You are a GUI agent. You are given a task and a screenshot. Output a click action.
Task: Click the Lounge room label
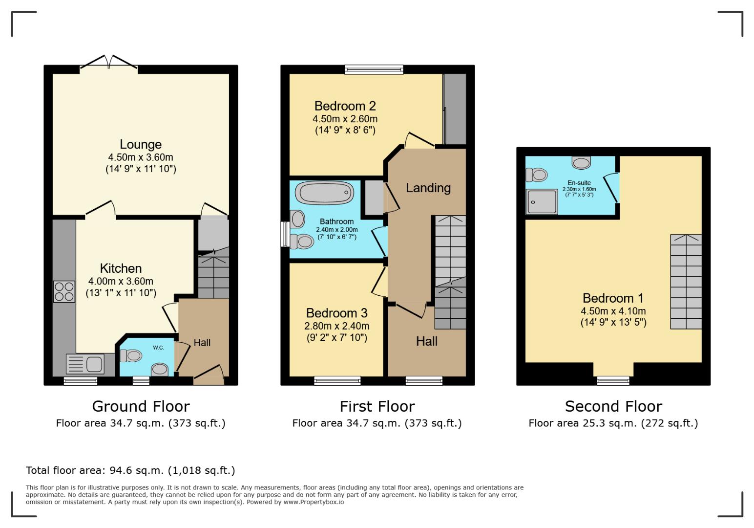pyautogui.click(x=141, y=145)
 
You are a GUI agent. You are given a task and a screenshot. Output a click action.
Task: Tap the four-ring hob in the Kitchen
pyautogui.click(x=64, y=291)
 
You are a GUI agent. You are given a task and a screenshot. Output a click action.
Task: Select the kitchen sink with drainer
pyautogui.click(x=85, y=364)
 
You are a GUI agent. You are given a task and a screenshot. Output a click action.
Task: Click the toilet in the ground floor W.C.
pyautogui.click(x=130, y=355)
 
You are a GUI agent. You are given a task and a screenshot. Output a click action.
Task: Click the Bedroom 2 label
pyautogui.click(x=345, y=106)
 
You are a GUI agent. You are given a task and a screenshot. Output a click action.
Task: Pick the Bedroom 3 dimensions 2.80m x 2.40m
pyautogui.click(x=336, y=326)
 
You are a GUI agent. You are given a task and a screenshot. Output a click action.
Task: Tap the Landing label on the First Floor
pyautogui.click(x=428, y=188)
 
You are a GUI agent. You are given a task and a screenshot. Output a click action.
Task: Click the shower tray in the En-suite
pyautogui.click(x=541, y=201)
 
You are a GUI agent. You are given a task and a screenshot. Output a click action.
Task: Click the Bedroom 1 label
pyautogui.click(x=613, y=298)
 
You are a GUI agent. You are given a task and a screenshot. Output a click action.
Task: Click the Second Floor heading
pyautogui.click(x=613, y=406)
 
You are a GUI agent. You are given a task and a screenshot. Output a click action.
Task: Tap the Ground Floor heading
pyautogui.click(x=141, y=406)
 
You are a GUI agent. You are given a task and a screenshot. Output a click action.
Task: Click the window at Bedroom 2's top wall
pyautogui.click(x=374, y=69)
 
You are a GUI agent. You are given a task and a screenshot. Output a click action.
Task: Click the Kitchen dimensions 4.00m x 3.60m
pyautogui.click(x=121, y=282)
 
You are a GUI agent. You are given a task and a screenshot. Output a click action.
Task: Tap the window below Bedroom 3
pyautogui.click(x=337, y=380)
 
